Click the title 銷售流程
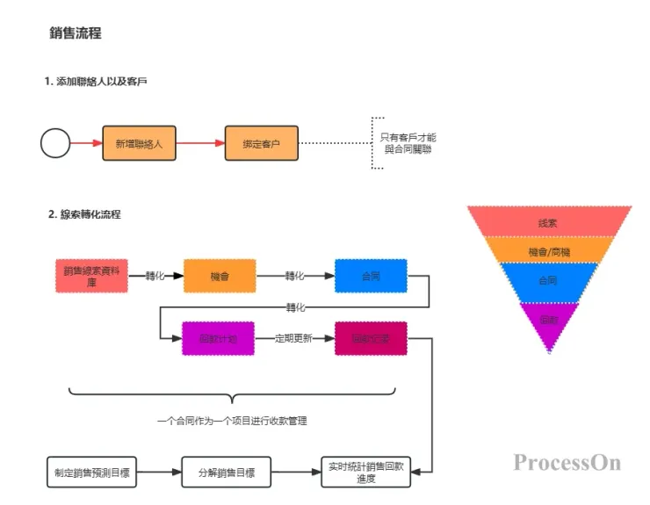(76, 33)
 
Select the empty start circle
(55, 142)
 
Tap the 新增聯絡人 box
(139, 142)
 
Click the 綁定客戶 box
(261, 142)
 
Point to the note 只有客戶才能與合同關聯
(408, 143)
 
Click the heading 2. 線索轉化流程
(85, 214)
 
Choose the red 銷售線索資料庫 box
(90, 276)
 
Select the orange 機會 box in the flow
(219, 276)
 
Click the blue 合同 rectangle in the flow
(371, 276)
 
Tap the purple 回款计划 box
(219, 338)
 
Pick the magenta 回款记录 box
(371, 338)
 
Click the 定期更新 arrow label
(293, 338)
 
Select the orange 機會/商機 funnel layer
(548, 251)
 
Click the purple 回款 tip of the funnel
(548, 319)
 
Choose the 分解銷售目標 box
(226, 472)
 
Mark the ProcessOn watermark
(567, 462)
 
